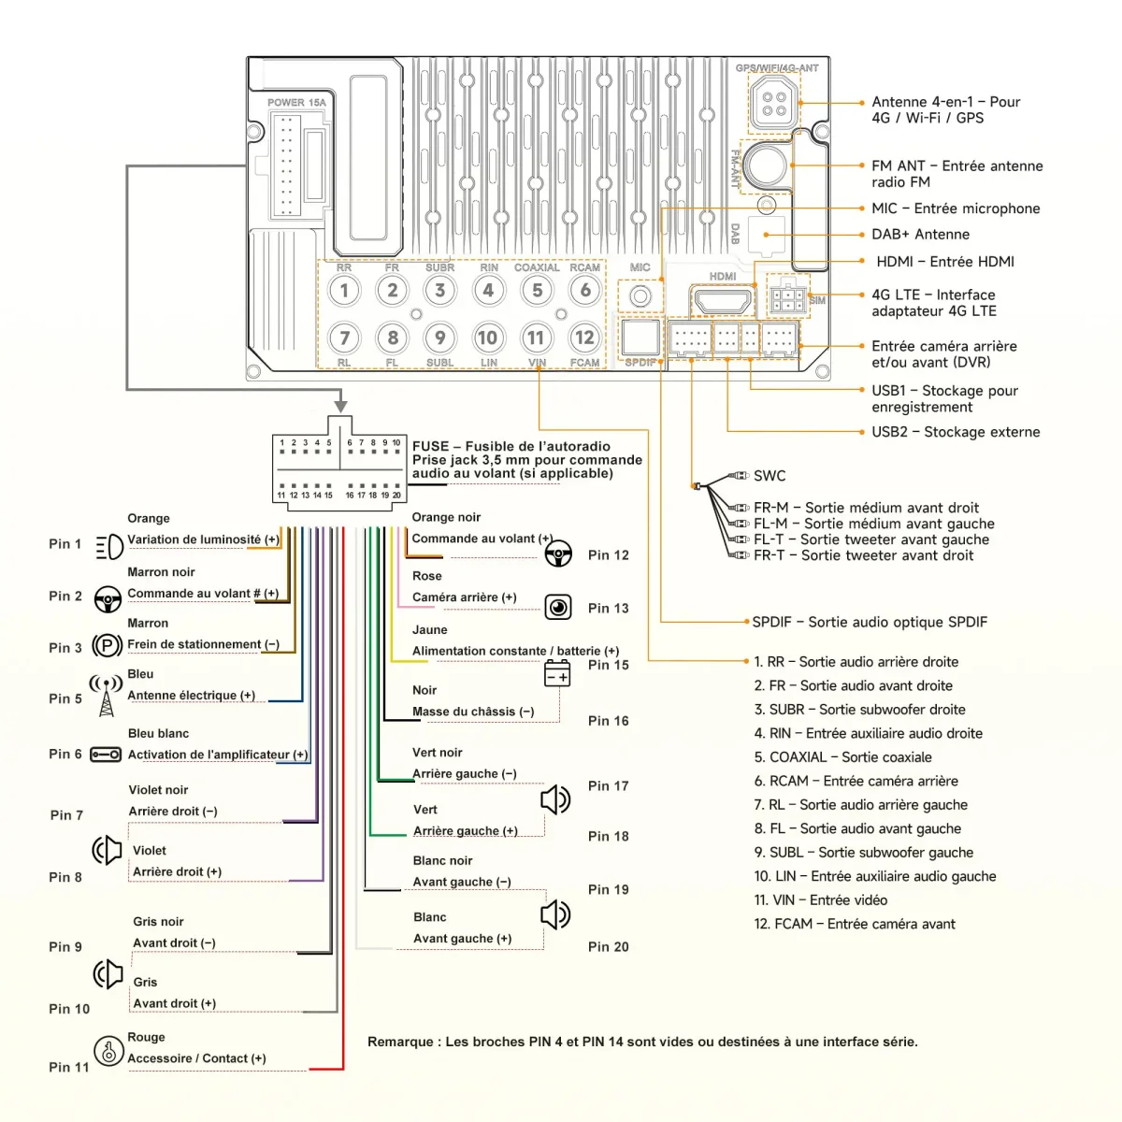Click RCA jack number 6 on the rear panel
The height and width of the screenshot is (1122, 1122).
(585, 290)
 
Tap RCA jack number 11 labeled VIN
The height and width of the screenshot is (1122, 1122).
(536, 338)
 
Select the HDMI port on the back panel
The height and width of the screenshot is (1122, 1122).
(721, 301)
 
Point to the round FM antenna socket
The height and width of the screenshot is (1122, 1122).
(768, 165)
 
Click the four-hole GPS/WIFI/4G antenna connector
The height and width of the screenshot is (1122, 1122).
(773, 103)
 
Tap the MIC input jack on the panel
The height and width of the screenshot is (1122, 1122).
(640, 296)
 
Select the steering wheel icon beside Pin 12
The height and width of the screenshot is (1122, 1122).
(558, 554)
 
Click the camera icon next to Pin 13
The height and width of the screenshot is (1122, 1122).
(558, 608)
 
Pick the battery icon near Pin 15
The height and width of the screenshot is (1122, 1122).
(557, 673)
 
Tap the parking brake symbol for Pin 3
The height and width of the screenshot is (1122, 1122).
(108, 646)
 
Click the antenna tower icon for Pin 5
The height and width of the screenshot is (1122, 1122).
(107, 696)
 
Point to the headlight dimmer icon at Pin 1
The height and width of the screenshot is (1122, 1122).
(108, 546)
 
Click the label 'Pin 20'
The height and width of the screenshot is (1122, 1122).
(608, 946)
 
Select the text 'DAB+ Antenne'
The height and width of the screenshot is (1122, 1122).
(920, 235)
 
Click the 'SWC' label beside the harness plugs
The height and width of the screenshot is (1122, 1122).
(770, 476)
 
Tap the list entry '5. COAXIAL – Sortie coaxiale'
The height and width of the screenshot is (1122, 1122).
(842, 757)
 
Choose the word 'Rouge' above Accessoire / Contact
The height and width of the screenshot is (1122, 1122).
(146, 1037)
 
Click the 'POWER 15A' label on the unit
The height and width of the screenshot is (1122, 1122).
(296, 103)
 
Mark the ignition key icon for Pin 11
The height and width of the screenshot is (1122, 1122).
(108, 1051)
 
